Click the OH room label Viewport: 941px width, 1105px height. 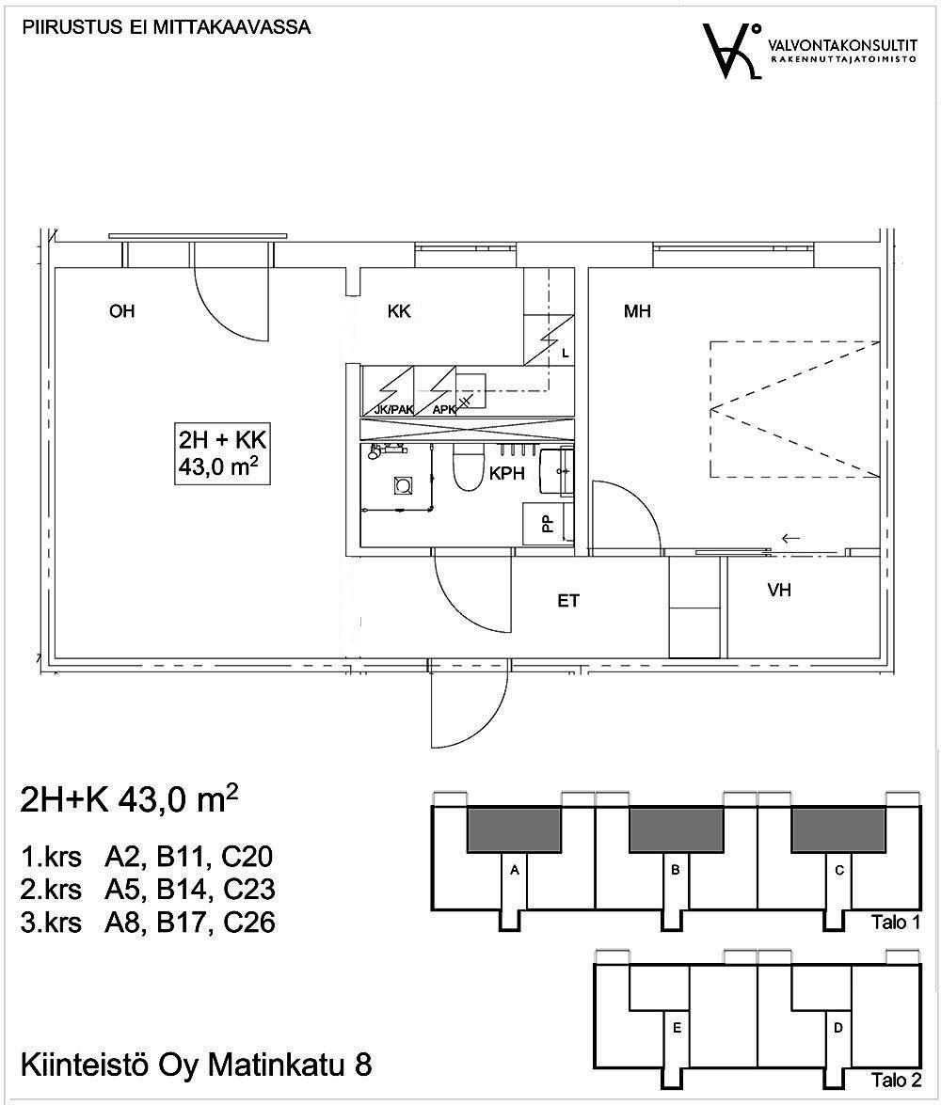121,312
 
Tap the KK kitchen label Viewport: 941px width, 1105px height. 399,312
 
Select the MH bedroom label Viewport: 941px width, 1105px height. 637,312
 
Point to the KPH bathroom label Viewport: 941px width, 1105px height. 506,475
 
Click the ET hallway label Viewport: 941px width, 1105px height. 568,601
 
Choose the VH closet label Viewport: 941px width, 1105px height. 778,591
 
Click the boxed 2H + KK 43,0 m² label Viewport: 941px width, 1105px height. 223,454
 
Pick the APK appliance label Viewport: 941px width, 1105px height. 443,409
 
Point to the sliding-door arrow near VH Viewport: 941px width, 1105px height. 790,539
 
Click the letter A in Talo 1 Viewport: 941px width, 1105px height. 515,871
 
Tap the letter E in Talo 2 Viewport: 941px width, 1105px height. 676,1029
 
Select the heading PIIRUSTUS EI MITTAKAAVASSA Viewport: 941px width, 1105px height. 167,27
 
